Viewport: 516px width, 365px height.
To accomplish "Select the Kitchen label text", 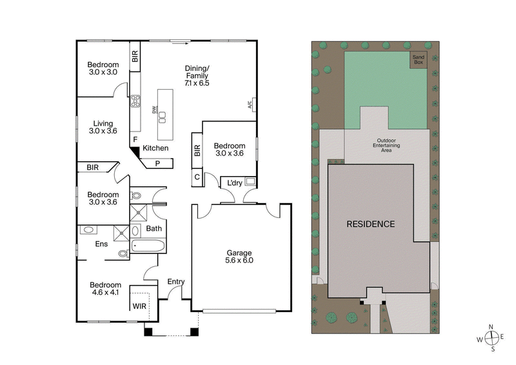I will (x=155, y=148).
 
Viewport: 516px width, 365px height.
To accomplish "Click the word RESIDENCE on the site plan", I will (x=370, y=224).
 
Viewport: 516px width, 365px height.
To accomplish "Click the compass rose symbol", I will (x=491, y=338).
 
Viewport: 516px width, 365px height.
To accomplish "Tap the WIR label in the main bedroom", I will (x=140, y=306).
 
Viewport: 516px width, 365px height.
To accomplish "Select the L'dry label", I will (x=233, y=184).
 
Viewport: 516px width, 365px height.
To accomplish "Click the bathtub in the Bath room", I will (x=148, y=246).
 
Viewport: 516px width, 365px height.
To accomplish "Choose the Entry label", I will (x=176, y=281).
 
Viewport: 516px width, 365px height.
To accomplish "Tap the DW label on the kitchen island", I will (x=154, y=110).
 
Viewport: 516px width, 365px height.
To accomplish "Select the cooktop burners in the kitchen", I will (x=136, y=101).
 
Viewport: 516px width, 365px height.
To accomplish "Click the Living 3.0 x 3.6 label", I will (x=103, y=128).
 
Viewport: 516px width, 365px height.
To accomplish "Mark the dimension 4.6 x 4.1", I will (x=105, y=293).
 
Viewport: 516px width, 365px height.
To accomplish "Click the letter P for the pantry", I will (x=157, y=164).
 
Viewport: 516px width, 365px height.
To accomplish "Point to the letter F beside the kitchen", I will (x=135, y=139).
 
